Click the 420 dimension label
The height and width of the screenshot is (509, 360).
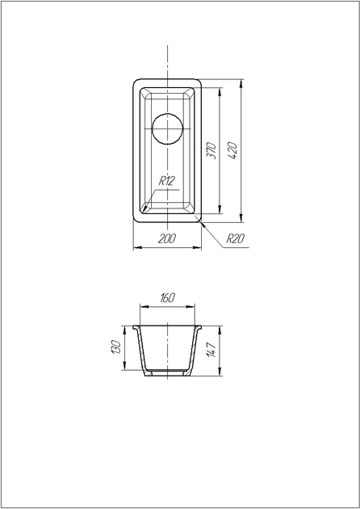(x=232, y=150)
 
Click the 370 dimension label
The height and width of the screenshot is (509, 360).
(x=211, y=150)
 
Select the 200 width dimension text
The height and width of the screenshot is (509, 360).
(x=167, y=238)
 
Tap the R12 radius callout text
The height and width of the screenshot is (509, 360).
(x=167, y=181)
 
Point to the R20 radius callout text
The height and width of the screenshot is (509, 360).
(x=235, y=239)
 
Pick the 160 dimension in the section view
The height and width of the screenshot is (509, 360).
(x=167, y=297)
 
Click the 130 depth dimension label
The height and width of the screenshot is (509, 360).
(x=117, y=347)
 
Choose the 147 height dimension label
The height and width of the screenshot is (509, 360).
(x=211, y=350)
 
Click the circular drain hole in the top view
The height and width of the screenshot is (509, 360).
(x=167, y=128)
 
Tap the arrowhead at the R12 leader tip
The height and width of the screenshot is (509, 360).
(x=144, y=208)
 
